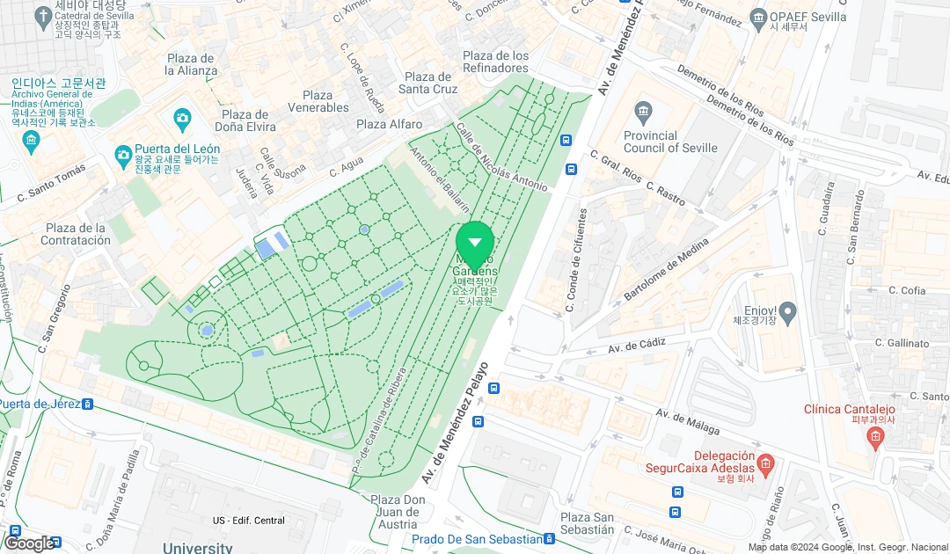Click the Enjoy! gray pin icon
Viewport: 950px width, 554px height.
(787, 310)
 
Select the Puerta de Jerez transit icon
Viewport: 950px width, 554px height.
(87, 405)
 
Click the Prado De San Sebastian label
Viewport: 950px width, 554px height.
(477, 539)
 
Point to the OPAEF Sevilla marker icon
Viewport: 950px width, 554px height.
(759, 17)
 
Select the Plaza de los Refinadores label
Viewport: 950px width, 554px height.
(496, 62)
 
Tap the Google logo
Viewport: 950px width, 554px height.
(29, 543)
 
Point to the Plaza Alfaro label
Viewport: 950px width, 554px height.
(389, 125)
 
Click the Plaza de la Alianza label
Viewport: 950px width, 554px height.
(192, 64)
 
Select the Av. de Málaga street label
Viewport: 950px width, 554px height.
(688, 424)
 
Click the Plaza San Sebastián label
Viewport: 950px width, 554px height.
(588, 523)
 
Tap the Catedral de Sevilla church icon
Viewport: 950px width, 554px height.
(43, 16)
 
